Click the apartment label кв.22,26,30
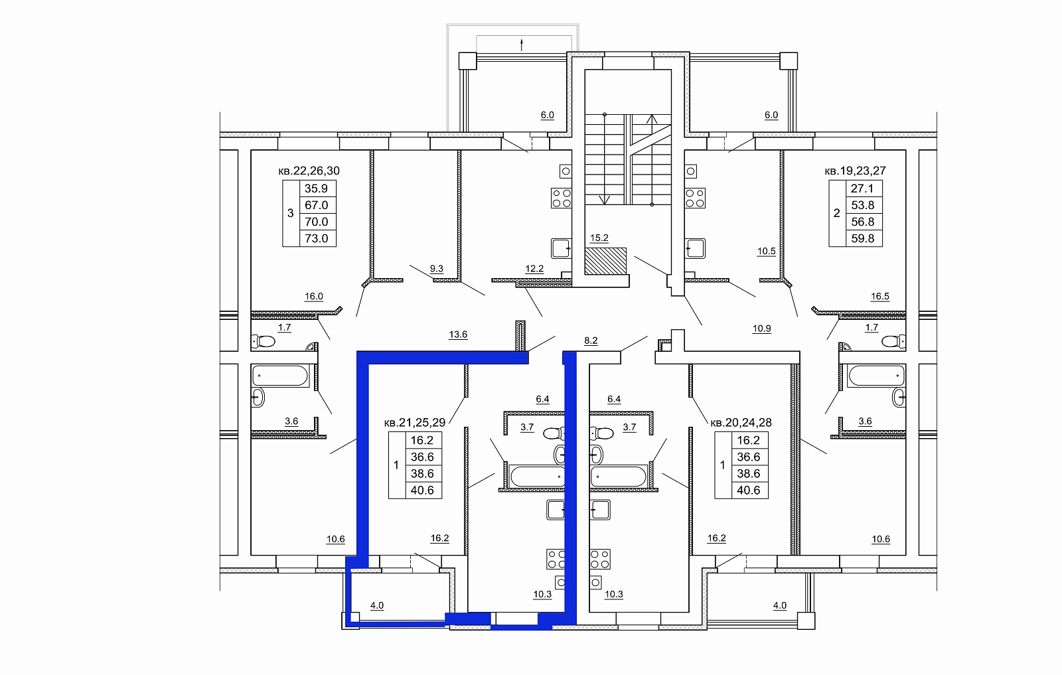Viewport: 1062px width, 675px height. coord(309,171)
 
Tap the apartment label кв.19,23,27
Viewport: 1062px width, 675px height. coord(856,171)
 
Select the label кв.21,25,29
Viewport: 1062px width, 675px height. coord(415,422)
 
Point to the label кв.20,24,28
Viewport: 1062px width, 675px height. coord(741,422)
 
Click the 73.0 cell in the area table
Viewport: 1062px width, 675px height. coord(316,238)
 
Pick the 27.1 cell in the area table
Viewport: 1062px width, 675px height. coord(862,188)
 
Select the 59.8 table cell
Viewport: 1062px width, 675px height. coord(862,238)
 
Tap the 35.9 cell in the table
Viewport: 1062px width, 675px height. coord(316,188)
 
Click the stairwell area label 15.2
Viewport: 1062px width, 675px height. coord(599,238)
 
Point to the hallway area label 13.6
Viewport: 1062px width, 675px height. coord(458,335)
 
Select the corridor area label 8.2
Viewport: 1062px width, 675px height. coord(591,340)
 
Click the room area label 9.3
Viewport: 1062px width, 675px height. coord(437,269)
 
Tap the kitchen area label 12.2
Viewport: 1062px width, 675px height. coord(534,269)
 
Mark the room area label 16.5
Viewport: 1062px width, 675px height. coord(880,297)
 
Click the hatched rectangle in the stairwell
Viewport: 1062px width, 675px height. coord(605,262)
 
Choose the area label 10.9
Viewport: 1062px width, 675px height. coord(762,329)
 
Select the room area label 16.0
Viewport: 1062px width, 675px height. coord(314,297)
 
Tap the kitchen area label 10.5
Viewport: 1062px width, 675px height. coord(767,252)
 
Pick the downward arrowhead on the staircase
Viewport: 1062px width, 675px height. coord(605,200)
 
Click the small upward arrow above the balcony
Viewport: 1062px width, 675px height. coord(522,45)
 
